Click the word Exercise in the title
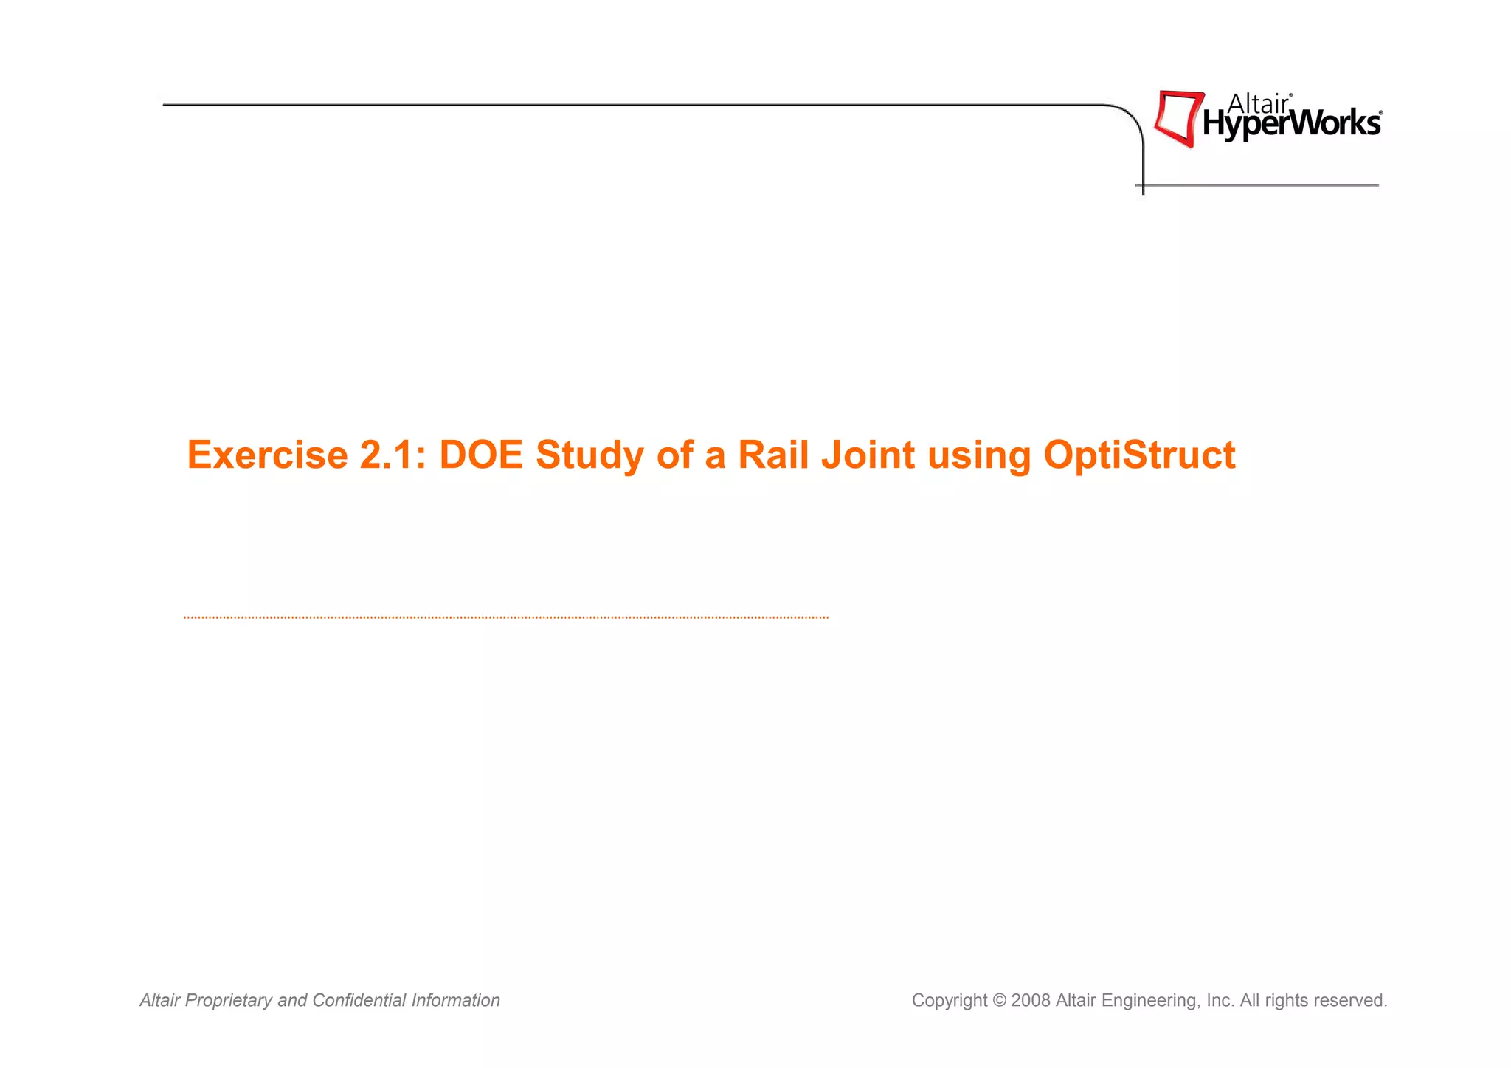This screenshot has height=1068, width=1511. pos(267,455)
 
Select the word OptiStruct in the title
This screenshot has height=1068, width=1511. pos(1139,456)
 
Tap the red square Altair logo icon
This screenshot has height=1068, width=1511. pos(1178,118)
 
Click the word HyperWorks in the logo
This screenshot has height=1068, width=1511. pos(1291,124)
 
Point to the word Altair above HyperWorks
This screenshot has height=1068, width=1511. pos(1257,104)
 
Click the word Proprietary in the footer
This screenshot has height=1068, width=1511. pos(228,1001)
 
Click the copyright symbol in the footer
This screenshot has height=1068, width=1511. pos(999,1000)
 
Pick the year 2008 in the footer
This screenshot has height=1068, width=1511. pos(1031,1000)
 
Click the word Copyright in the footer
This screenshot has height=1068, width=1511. pos(949,1001)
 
